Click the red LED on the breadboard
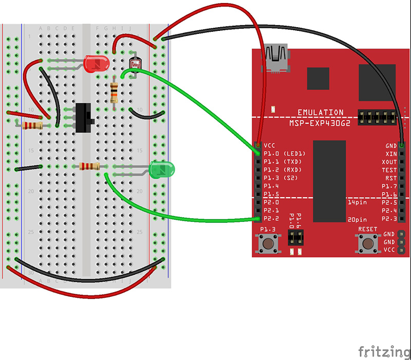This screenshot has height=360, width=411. click(x=96, y=64)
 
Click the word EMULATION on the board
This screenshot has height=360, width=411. click(x=321, y=112)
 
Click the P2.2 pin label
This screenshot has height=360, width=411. click(x=271, y=218)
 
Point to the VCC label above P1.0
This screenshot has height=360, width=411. click(x=270, y=145)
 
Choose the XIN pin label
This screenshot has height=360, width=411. click(x=390, y=154)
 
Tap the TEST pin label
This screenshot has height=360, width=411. click(x=389, y=169)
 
